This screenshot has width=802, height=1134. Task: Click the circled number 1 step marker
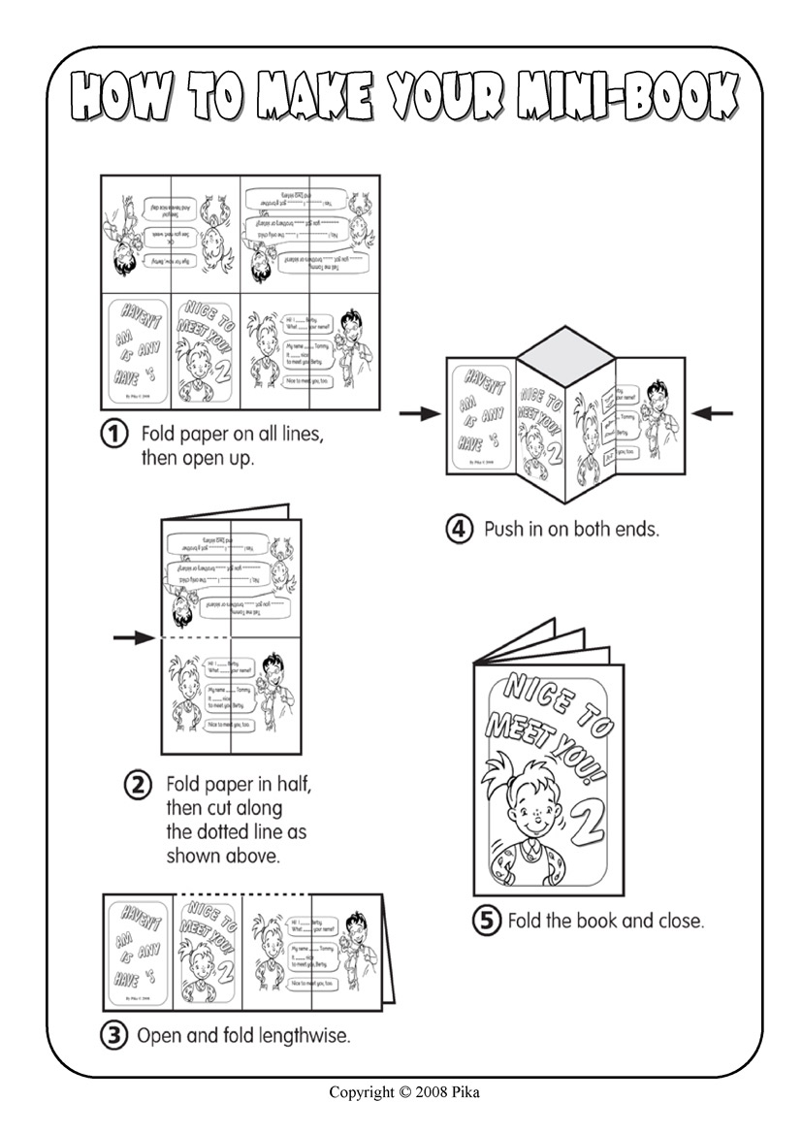point(116,436)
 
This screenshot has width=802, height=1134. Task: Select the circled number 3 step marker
point(115,1035)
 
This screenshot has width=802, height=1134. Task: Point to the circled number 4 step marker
point(459,530)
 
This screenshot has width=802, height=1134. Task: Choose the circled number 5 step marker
point(486,920)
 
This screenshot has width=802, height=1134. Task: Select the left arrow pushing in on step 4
point(419,414)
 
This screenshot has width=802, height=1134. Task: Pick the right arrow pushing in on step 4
point(714,414)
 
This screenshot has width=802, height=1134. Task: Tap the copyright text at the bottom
point(403,1092)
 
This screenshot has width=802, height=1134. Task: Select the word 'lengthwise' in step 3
point(305,1035)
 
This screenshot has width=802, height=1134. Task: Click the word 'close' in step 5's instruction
point(680,920)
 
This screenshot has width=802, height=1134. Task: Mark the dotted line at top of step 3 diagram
point(241,894)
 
